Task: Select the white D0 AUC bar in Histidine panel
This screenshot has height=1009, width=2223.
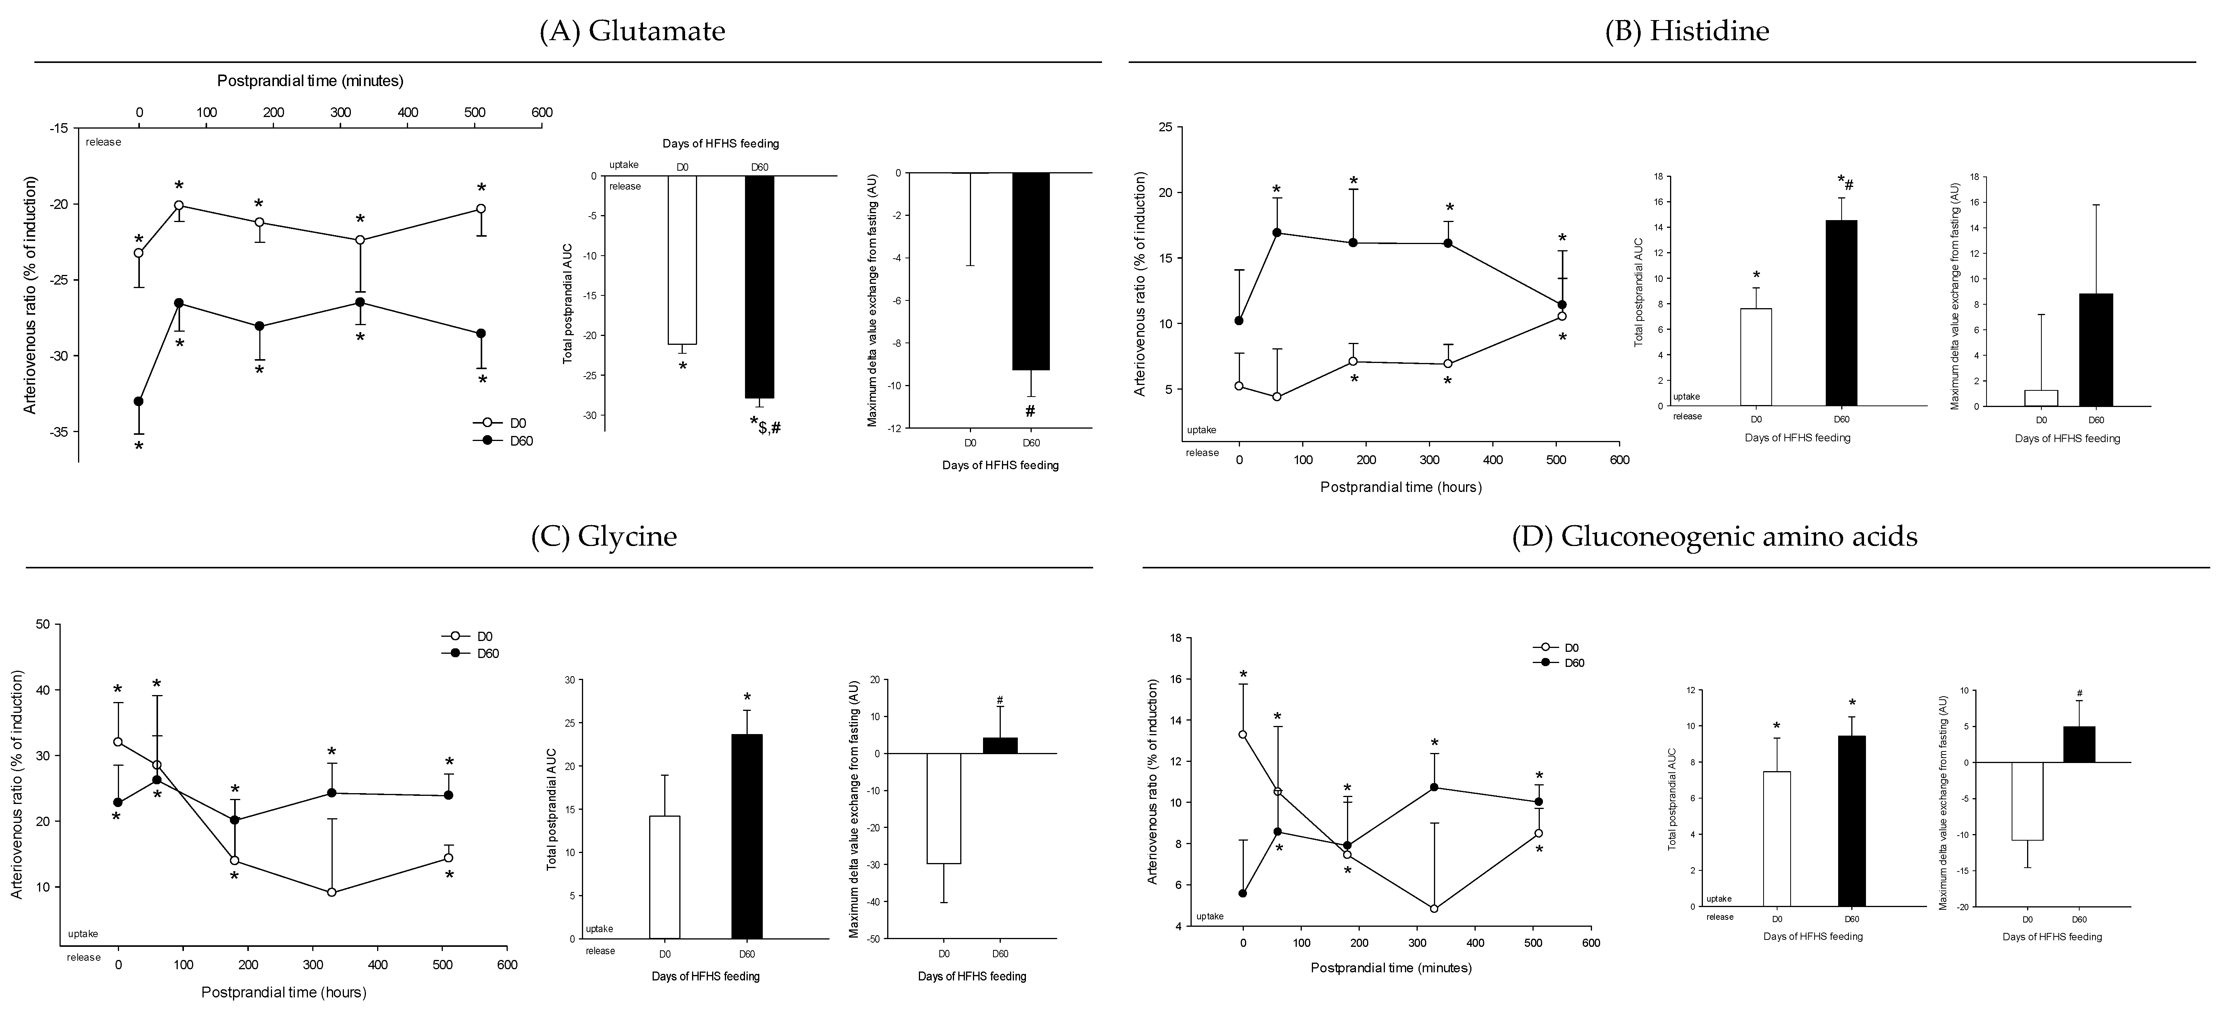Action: [x=1756, y=357]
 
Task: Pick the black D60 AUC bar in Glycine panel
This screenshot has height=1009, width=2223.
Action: [x=747, y=836]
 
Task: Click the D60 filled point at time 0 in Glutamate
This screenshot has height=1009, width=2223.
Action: [x=138, y=401]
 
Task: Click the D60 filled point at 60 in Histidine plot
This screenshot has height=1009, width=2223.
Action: [x=1276, y=233]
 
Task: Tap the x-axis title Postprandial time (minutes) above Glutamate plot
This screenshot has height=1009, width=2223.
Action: [x=310, y=81]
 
